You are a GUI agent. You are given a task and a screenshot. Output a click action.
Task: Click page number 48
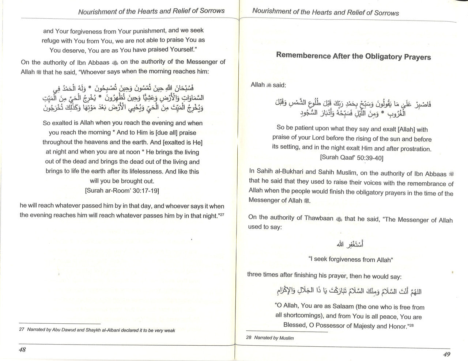(x=22, y=349)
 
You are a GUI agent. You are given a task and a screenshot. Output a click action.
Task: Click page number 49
(x=446, y=354)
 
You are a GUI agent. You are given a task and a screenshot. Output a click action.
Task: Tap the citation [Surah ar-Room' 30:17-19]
(x=122, y=190)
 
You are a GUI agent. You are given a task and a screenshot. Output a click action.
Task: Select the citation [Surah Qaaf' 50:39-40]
(x=351, y=158)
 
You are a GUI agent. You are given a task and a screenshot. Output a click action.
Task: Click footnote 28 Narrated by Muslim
(x=270, y=338)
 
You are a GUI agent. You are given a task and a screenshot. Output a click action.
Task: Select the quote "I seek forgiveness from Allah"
(x=351, y=259)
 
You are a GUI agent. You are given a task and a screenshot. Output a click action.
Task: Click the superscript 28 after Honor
(x=411, y=324)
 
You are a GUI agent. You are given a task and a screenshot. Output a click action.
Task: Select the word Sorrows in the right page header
(x=387, y=13)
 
